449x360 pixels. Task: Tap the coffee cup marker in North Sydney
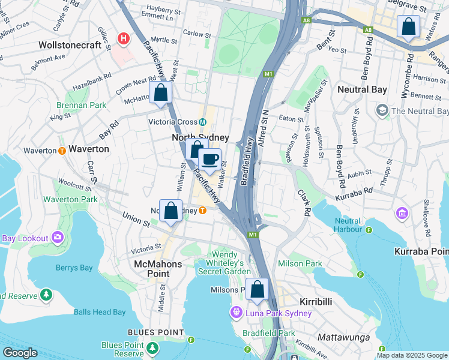[209, 160]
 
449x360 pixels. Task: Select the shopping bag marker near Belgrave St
[408, 27]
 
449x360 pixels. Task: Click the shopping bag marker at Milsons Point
[258, 290]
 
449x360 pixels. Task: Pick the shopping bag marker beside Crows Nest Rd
[160, 93]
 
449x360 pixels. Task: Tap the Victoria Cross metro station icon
[203, 122]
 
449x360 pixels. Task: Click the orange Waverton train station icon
[62, 151]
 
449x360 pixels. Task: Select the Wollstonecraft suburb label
[74, 45]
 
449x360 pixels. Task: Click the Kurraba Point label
[421, 251]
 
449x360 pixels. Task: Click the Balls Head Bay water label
[100, 312]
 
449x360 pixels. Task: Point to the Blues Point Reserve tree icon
[153, 347]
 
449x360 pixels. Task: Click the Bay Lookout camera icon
[58, 238]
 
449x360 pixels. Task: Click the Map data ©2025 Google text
[411, 355]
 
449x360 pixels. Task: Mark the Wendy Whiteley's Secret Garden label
[226, 263]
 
